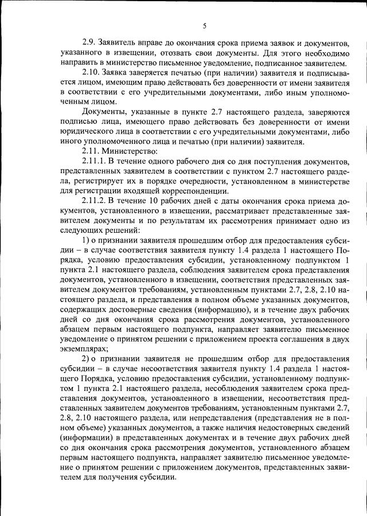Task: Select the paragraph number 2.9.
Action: (x=89, y=42)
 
